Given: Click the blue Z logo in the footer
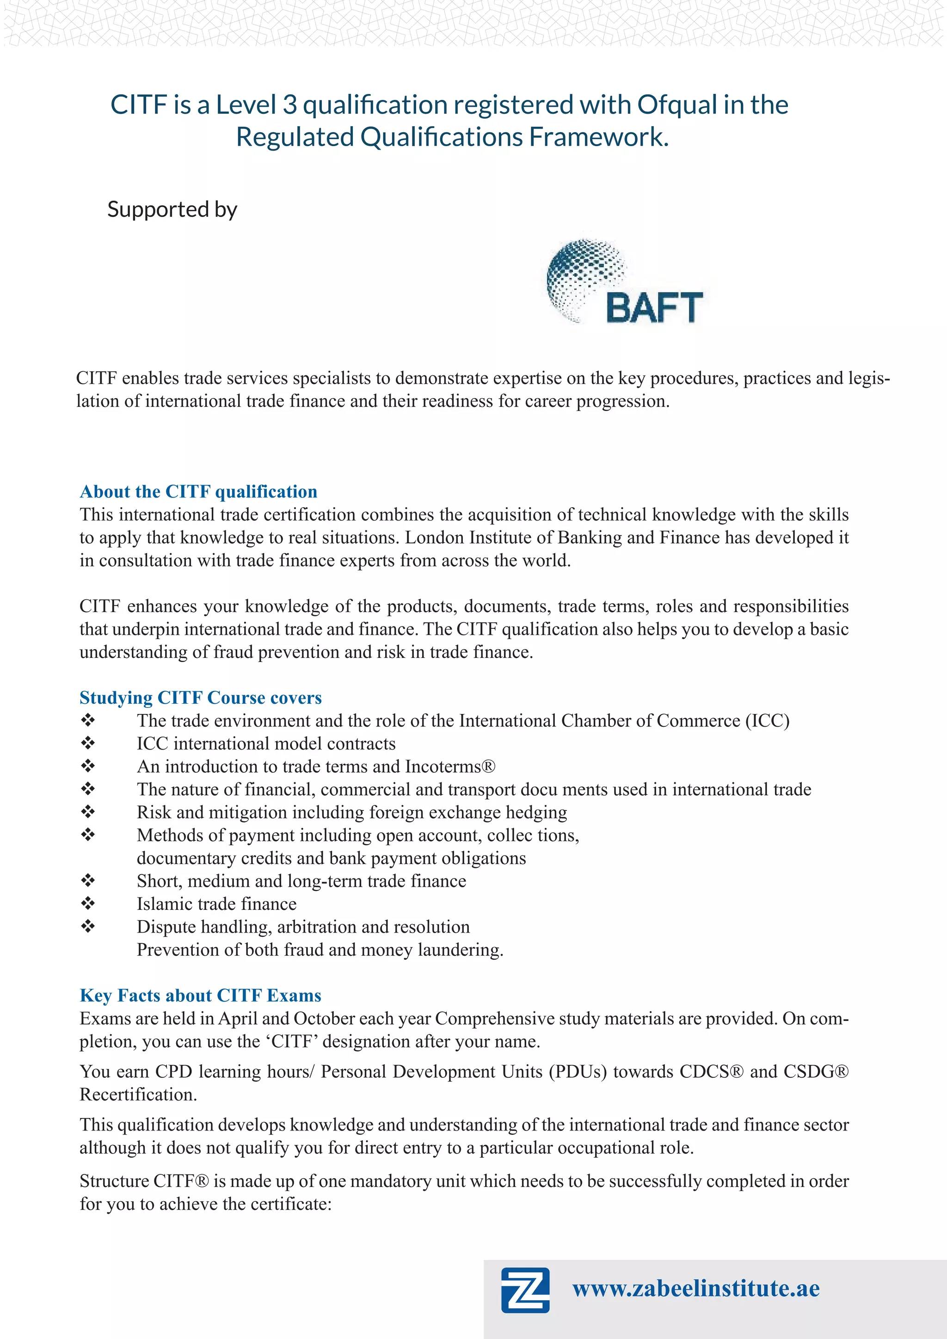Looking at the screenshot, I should coord(525,1290).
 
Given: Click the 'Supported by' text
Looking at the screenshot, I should coord(172,209).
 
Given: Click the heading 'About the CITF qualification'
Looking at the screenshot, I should coord(198,491).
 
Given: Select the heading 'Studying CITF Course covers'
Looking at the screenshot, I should coord(201,698).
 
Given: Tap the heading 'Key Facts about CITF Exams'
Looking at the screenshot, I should coord(201,995).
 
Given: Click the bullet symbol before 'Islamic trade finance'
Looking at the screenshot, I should coord(88,903).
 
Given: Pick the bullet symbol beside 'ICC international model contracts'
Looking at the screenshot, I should coord(88,743).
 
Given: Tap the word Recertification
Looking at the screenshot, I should coord(138,1095).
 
